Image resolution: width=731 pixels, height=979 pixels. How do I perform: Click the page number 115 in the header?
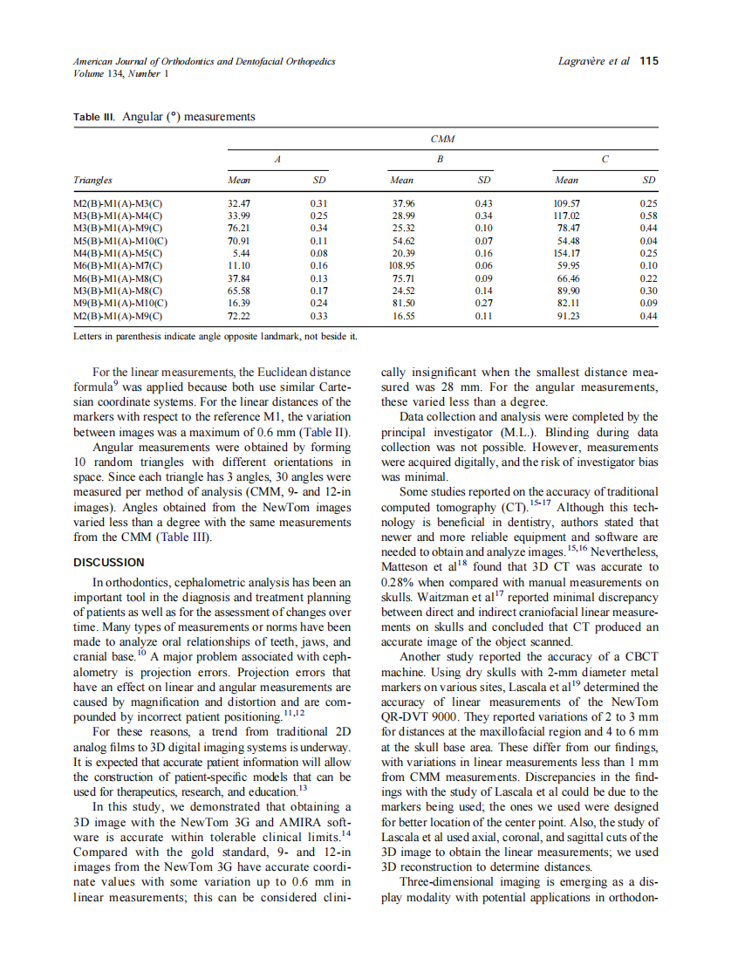click(648, 62)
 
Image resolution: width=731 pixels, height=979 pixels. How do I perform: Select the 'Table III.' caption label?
click(94, 117)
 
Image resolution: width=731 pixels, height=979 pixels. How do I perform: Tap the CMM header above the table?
click(443, 139)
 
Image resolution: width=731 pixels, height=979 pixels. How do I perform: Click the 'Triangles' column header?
click(92, 181)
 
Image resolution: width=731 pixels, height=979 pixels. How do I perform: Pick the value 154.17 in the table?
click(567, 253)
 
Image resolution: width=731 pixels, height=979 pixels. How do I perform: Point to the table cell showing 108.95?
click(402, 265)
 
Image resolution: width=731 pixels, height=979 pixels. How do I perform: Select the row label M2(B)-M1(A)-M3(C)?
click(118, 203)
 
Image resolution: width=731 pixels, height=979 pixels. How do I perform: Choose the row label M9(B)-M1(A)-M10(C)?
click(120, 303)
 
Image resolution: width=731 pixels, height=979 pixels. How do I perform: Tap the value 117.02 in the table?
click(567, 216)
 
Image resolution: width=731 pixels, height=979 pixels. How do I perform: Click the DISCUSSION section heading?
click(109, 562)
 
